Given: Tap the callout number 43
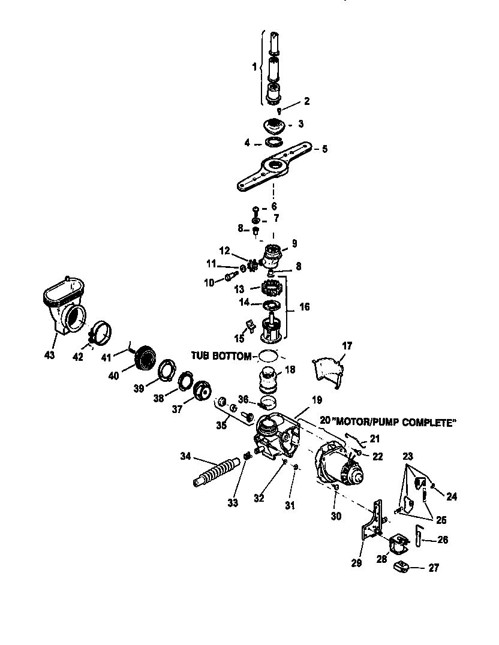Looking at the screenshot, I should click(49, 355).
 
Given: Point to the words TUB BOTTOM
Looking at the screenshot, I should click(222, 356).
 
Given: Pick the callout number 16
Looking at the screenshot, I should click(305, 307).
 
